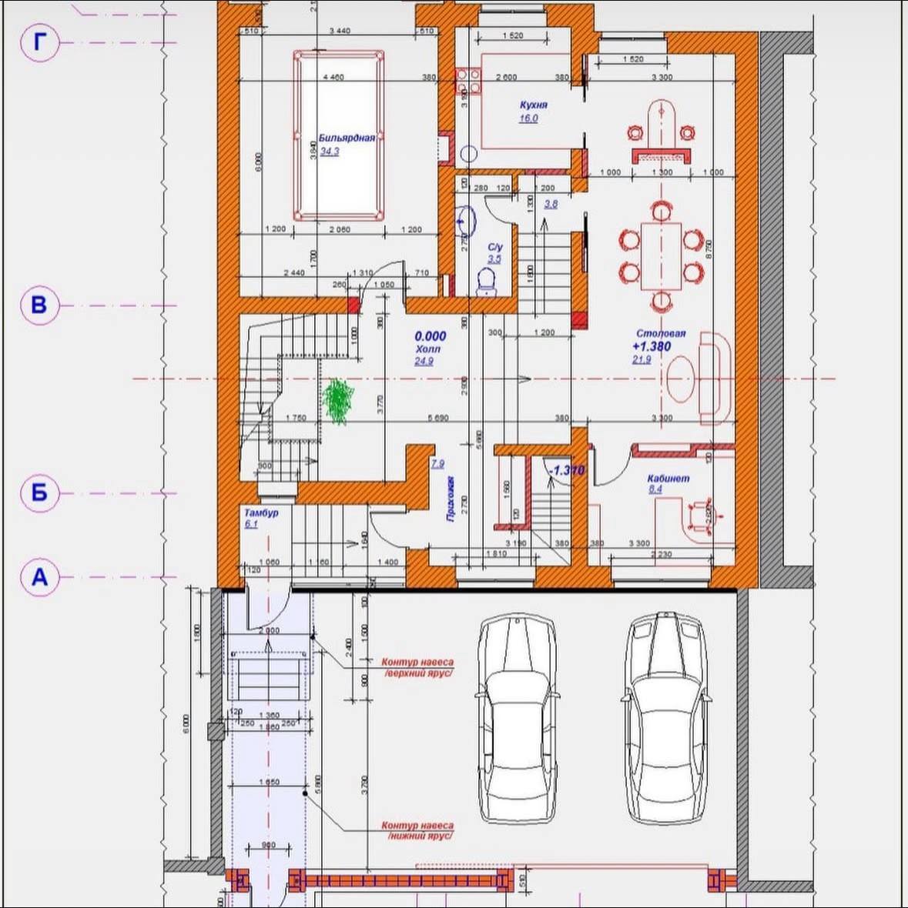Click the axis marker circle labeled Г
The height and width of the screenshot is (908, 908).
(39, 42)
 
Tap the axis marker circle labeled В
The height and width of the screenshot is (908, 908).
(39, 305)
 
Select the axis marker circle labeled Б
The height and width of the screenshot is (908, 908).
(39, 492)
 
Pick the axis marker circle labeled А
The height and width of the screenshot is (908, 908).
(39, 576)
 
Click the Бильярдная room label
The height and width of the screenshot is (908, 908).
(347, 138)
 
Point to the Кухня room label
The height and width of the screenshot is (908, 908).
(533, 105)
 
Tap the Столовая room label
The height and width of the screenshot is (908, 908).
(660, 334)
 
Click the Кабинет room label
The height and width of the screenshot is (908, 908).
(668, 478)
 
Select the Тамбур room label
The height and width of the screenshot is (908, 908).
(261, 512)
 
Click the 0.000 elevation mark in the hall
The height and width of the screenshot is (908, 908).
(430, 336)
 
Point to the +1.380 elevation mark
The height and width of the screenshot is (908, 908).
(651, 346)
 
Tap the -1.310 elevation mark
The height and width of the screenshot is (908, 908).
(565, 470)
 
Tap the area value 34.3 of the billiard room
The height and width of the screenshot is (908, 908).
(330, 152)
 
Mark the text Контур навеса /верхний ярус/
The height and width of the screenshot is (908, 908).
(417, 667)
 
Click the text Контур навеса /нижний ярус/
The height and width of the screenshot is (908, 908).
(417, 830)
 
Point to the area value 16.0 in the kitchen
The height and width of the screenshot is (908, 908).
(528, 119)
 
